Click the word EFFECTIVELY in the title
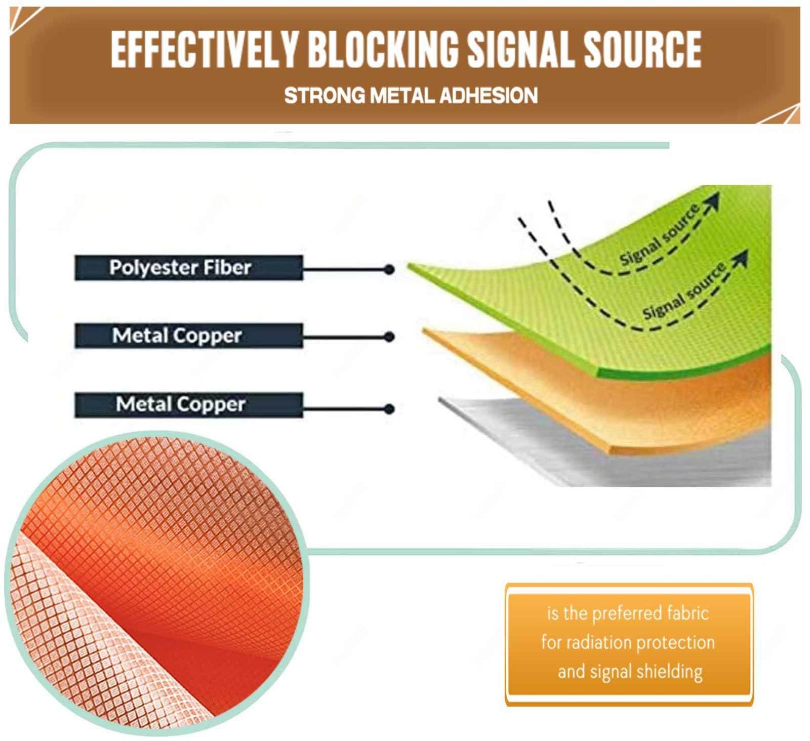tap(205, 49)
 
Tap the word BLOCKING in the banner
tap(383, 49)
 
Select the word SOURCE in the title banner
tap(643, 49)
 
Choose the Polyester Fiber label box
tap(189, 268)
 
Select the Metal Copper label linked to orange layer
tap(189, 336)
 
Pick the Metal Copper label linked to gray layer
tap(189, 405)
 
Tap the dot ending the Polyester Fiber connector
tap(389, 269)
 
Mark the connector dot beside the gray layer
tap(389, 408)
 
